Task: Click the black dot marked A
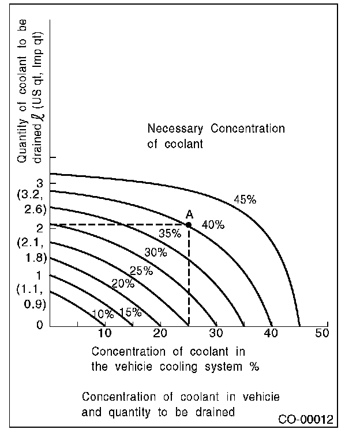coord(188,224)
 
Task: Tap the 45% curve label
coord(245,200)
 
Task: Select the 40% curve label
coord(213,225)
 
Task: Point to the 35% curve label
coord(170,233)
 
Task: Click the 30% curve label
coord(155,252)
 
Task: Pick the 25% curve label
coord(141,270)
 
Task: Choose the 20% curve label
coord(122,284)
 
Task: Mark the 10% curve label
coord(102,314)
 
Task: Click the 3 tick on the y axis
coord(39,183)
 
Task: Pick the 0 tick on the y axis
coord(39,325)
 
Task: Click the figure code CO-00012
coord(305,419)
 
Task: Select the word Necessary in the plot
coord(176,129)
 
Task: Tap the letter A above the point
coord(189,214)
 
